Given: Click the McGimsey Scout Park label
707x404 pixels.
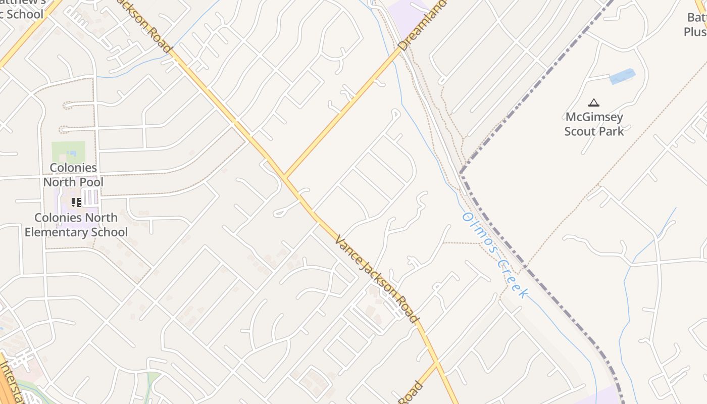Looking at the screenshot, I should [594, 124].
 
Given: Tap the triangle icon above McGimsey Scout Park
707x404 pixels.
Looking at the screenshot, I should [594, 103].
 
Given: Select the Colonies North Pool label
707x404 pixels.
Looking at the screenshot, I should [73, 175].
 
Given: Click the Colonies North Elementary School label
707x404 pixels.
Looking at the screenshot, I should [76, 225].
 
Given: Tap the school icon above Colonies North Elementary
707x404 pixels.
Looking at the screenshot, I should [76, 203].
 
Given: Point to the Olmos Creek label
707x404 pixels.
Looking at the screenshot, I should [495, 256].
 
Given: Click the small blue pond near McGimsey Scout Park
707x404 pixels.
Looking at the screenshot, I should [622, 76].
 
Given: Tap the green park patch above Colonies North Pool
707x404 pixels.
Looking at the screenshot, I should [68, 151].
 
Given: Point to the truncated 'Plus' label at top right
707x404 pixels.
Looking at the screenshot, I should [695, 31].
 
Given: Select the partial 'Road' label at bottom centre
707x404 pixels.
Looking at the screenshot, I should [411, 393].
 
